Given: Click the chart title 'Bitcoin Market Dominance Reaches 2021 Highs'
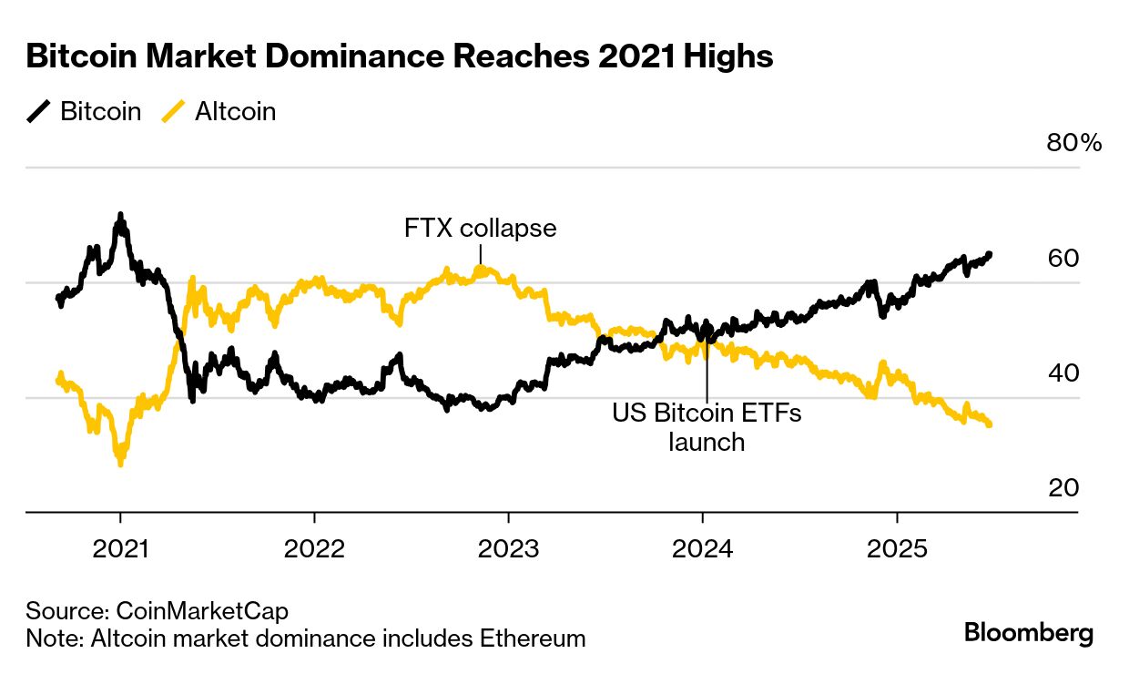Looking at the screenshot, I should coord(400,56).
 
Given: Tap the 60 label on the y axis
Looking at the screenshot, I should coord(1063,258).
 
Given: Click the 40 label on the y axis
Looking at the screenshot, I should coord(1063,373).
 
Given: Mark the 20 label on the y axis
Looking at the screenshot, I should coord(1063,488).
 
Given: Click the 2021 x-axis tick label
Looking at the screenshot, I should coord(120,549).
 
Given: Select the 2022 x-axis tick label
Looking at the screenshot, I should coord(314,549).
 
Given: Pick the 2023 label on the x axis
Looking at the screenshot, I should coord(508,549).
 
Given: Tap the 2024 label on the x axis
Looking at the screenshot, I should coord(703,549).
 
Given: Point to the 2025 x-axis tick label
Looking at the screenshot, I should coord(897,549).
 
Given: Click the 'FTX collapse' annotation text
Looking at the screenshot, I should coord(480,228).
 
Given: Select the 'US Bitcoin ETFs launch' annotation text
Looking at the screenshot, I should coord(707,427).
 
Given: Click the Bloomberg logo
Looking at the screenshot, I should coord(1029,633).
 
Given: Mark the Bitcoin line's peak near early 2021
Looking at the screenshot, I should coord(119,216).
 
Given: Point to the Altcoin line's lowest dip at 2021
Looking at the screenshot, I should coord(120,464).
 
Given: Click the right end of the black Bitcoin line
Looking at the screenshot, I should coord(990,254).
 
